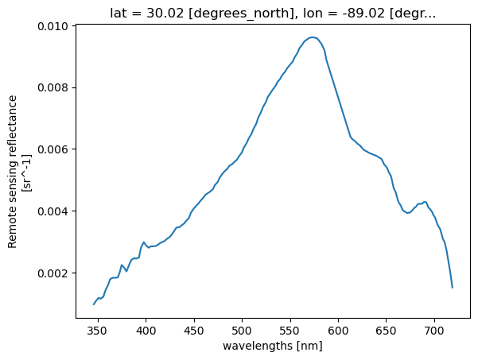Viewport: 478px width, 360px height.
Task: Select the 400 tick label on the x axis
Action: pos(146,329)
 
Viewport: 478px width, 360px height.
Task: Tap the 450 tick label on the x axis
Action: pos(193,329)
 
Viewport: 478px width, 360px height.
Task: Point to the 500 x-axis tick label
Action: pos(242,329)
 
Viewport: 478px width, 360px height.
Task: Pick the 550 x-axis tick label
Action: pos(290,329)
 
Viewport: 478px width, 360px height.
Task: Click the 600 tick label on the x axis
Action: pos(338,329)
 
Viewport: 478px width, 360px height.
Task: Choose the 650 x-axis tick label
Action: pos(387,329)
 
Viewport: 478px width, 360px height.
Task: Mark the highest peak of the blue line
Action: pos(312,37)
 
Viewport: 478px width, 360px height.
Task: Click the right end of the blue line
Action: pos(453,287)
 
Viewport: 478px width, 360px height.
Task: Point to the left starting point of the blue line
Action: pos(94,304)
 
